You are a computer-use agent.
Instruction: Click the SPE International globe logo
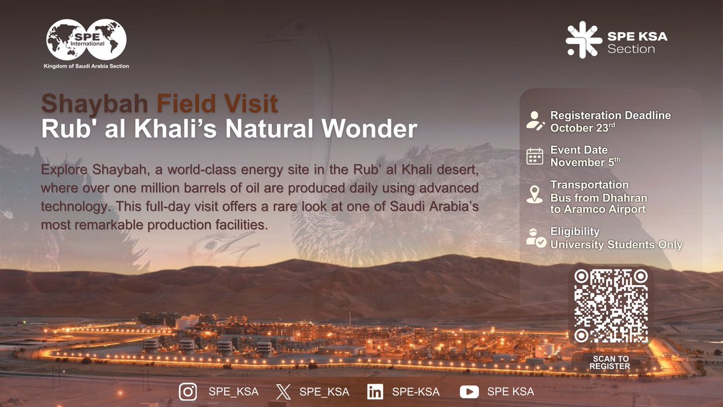pos(87,40)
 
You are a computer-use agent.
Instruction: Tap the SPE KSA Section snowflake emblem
pos(583,40)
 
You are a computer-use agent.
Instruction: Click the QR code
pos(610,306)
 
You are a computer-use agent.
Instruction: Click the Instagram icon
pos(189,392)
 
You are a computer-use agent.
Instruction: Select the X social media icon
pos(283,392)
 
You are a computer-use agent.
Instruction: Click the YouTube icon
pos(469,392)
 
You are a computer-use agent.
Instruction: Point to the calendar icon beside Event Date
pos(535,156)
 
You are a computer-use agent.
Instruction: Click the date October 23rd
pos(584,127)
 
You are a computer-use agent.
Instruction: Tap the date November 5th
pos(585,162)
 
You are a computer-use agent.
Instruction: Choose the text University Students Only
pos(616,245)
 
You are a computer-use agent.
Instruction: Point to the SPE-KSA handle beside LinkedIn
pos(416,392)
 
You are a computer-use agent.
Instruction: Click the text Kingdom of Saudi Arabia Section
pos(87,66)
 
